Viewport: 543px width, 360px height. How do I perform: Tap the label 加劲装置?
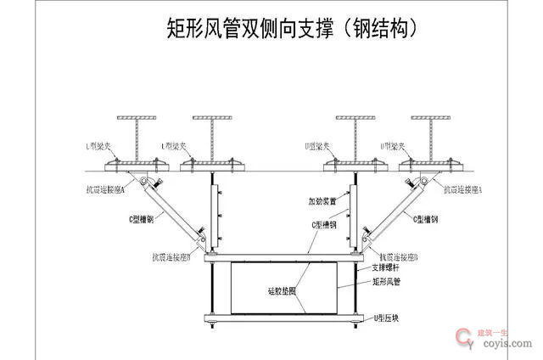(x=322, y=202)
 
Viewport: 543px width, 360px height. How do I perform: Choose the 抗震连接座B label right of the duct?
(x=401, y=256)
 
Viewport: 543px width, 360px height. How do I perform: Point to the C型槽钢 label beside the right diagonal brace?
(x=430, y=219)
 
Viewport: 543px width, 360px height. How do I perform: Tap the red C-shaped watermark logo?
(x=465, y=338)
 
